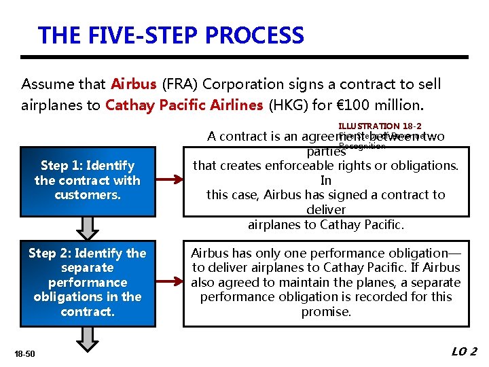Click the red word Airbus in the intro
[133, 84]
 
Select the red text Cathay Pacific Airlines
[183, 105]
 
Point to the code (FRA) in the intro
[179, 84]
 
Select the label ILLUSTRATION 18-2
[380, 126]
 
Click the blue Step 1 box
[88, 180]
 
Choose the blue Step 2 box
[88, 282]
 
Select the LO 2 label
[465, 351]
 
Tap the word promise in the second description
[326, 312]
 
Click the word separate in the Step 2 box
[88, 268]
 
